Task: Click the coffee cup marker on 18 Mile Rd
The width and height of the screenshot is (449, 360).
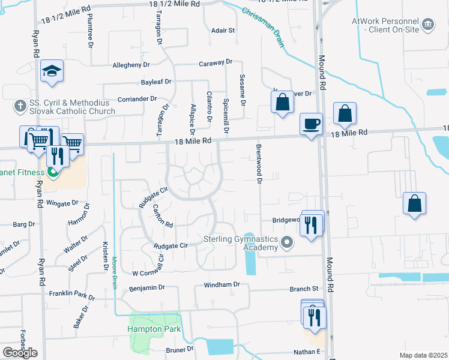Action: coord(310,124)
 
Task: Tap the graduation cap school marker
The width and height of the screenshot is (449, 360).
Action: coord(52,73)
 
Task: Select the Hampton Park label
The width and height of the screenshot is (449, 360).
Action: coord(154,329)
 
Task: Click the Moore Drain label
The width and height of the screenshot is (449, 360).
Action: coord(113,273)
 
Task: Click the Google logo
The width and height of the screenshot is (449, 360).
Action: coord(20,353)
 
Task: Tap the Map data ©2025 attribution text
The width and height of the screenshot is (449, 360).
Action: coord(423,355)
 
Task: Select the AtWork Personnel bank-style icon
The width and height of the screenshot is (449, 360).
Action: coord(427,24)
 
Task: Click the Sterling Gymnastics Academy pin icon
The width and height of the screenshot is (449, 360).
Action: coord(288,243)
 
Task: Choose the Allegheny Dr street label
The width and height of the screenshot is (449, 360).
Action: coord(131,65)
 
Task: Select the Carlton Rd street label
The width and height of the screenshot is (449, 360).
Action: coord(163,216)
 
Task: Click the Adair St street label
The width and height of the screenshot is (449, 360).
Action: coord(223,29)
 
